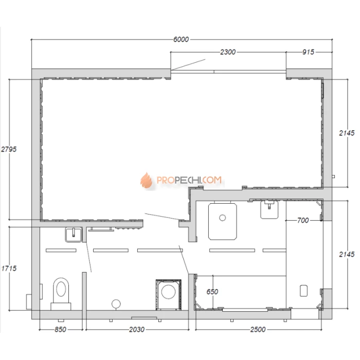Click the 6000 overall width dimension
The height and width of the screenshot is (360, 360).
[x=181, y=40]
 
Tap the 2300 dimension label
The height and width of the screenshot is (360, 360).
[x=228, y=52]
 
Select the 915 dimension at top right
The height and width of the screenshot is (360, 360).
[x=308, y=52]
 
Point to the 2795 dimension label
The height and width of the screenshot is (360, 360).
[x=9, y=149]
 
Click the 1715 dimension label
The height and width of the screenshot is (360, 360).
[x=9, y=268]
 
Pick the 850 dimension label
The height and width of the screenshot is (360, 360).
[x=60, y=330]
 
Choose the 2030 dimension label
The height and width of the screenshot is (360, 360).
[x=137, y=330]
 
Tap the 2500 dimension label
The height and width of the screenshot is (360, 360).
[x=258, y=330]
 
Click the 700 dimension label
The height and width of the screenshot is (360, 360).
[x=303, y=221]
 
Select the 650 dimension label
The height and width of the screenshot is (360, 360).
[x=212, y=292]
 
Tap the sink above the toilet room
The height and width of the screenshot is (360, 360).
[x=74, y=235]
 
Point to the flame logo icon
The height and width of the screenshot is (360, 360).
[x=147, y=180]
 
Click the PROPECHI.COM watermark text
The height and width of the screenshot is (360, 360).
[x=189, y=180]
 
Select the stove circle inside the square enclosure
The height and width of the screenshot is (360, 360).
[x=169, y=292]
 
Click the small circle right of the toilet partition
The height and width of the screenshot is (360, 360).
[x=116, y=304]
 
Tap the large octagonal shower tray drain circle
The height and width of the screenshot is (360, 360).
[x=223, y=218]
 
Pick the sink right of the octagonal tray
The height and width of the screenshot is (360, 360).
[x=269, y=210]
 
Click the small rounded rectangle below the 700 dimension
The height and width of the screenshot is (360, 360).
[x=304, y=291]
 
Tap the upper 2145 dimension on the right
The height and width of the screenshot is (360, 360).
[x=347, y=133]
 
